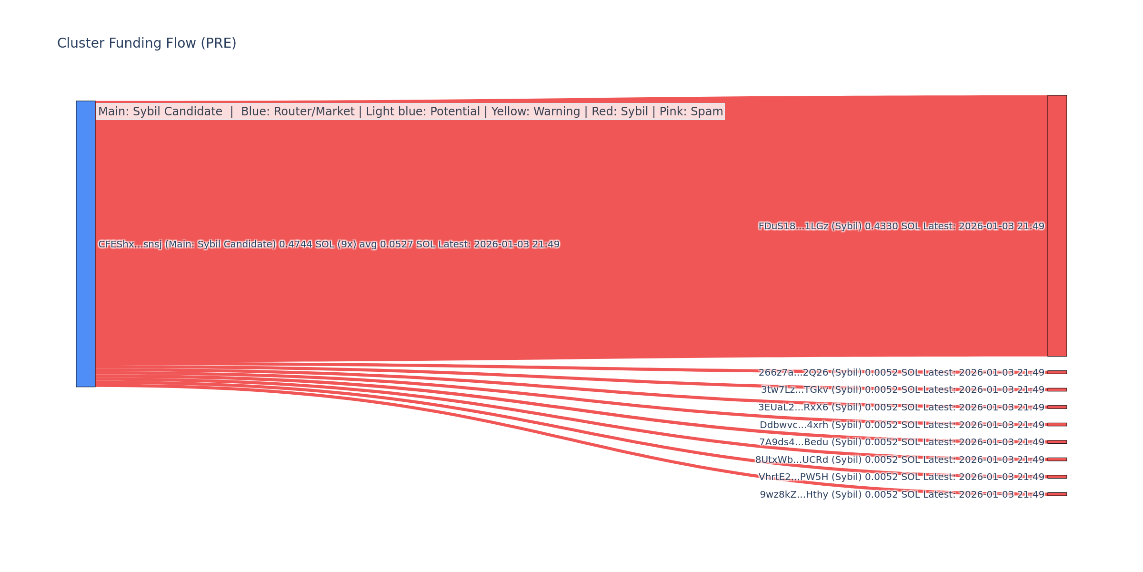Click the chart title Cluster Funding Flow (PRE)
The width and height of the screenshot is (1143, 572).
147,43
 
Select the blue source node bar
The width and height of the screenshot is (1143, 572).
86,244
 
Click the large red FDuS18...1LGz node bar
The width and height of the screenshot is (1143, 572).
1057,225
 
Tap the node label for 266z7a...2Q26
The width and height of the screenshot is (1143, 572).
901,372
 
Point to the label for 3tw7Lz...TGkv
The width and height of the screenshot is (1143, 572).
902,390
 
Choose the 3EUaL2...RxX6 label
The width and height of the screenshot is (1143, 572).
901,408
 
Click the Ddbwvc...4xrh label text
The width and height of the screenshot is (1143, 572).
902,425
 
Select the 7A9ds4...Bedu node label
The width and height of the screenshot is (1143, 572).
902,442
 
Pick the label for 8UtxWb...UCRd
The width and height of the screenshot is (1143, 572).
900,460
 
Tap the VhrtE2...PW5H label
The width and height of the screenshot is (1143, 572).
901,477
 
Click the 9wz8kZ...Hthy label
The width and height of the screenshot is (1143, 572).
902,495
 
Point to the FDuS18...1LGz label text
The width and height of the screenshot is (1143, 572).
901,226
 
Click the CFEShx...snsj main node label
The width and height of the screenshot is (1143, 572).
329,245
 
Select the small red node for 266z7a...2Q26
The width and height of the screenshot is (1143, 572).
1057,372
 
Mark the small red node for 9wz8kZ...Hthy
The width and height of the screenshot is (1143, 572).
1057,494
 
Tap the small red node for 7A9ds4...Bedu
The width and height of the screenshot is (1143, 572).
1057,442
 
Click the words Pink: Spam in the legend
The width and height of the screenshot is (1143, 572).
691,112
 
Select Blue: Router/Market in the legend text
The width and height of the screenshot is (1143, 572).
298,112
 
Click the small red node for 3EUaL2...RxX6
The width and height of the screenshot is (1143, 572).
1057,407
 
